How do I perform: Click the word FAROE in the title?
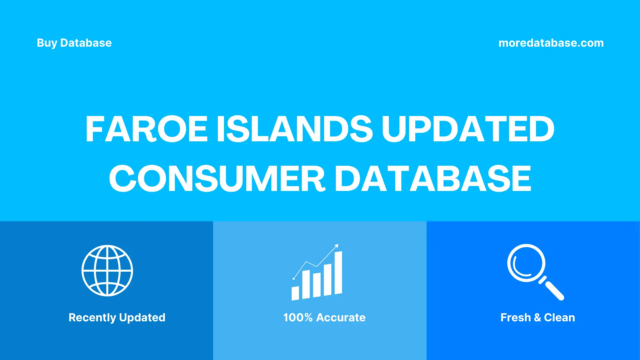(x=147, y=129)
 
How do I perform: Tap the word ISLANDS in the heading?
(x=295, y=129)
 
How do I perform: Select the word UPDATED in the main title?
(x=468, y=129)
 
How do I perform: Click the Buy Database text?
(x=74, y=43)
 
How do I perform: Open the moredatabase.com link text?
(x=551, y=43)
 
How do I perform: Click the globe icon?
(x=107, y=271)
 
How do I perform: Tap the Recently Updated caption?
(x=117, y=317)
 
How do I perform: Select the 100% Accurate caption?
(x=324, y=317)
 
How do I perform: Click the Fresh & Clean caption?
(x=538, y=317)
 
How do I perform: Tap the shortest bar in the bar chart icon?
(x=295, y=293)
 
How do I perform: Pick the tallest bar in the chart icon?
(x=338, y=273)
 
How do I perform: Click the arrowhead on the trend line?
(x=337, y=246)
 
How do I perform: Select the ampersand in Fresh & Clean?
(x=537, y=317)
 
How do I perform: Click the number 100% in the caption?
(x=298, y=317)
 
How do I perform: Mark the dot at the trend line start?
(x=294, y=279)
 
